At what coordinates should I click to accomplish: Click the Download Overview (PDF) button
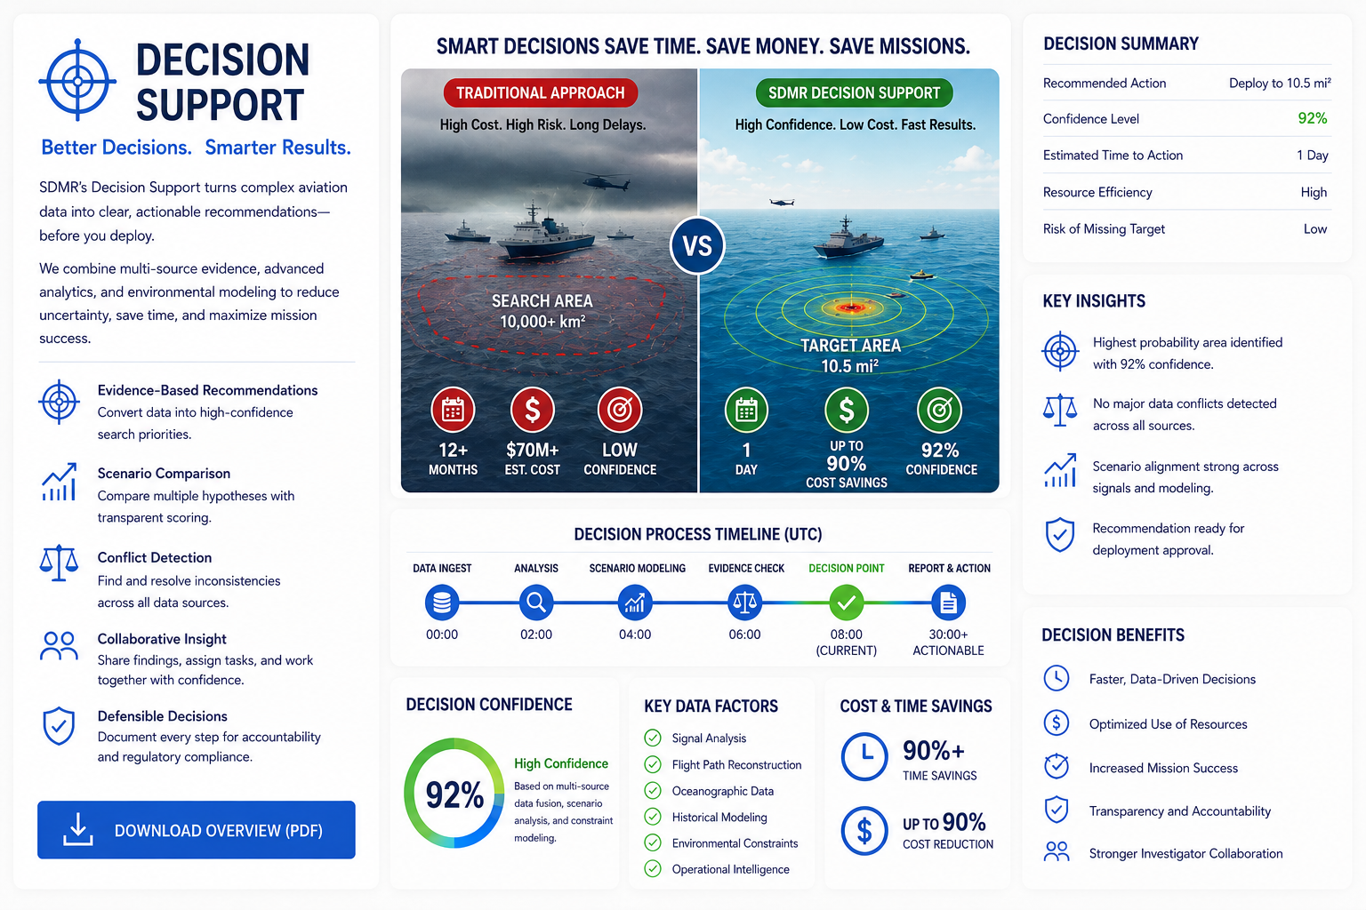pyautogui.click(x=197, y=829)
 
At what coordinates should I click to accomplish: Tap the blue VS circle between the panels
pyautogui.click(x=697, y=245)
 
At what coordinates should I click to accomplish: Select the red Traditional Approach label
pyautogui.click(x=541, y=92)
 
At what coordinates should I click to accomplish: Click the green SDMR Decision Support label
pyautogui.click(x=854, y=92)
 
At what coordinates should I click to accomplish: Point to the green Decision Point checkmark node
pyautogui.click(x=847, y=603)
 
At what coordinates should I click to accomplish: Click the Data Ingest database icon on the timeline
pyautogui.click(x=442, y=603)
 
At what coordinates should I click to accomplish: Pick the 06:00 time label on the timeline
pyautogui.click(x=744, y=635)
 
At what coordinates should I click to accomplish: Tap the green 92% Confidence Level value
pyautogui.click(x=1313, y=118)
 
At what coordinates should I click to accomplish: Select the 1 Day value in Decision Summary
pyautogui.click(x=1313, y=156)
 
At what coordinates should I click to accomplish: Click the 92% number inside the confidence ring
pyautogui.click(x=454, y=794)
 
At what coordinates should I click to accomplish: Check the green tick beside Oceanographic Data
pyautogui.click(x=653, y=791)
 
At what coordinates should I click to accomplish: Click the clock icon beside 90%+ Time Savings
pyautogui.click(x=864, y=756)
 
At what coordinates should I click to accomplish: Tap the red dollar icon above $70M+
pyautogui.click(x=533, y=410)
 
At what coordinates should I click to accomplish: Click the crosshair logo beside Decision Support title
pyautogui.click(x=77, y=81)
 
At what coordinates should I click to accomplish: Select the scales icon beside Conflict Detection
pyautogui.click(x=60, y=562)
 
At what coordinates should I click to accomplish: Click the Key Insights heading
pyautogui.click(x=1094, y=301)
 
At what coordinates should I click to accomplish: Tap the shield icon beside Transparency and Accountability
pyautogui.click(x=1057, y=810)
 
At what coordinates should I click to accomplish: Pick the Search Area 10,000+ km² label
pyautogui.click(x=542, y=311)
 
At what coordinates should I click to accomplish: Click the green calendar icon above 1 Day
pyautogui.click(x=746, y=410)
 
